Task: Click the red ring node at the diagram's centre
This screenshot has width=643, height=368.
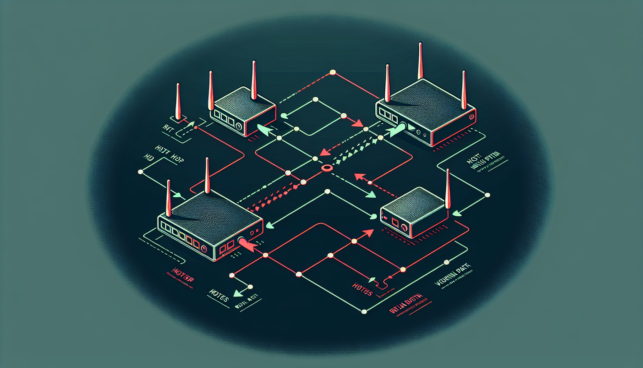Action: click(326, 168)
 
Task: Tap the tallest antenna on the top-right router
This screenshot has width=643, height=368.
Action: click(420, 61)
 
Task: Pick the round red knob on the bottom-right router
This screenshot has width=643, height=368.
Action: click(405, 227)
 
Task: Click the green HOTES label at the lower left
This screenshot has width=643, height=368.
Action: click(219, 296)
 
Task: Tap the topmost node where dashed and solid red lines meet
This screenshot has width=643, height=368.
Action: click(332, 73)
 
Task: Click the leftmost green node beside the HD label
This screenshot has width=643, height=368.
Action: click(140, 172)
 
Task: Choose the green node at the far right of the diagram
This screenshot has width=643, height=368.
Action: click(487, 195)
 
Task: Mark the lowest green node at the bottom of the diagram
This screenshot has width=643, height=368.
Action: click(364, 312)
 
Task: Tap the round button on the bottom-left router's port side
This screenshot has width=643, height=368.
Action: click(205, 248)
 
